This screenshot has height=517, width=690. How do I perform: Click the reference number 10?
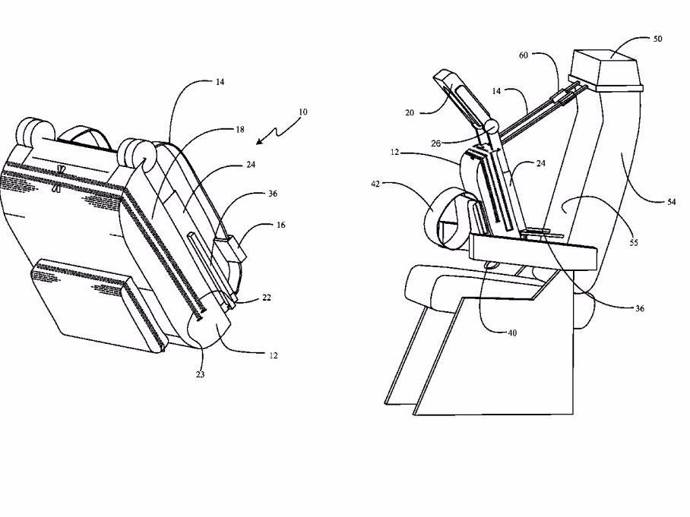(x=302, y=112)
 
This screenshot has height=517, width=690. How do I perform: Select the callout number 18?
(x=240, y=130)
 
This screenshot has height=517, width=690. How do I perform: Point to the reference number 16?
(x=280, y=225)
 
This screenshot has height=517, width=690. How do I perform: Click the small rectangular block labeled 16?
(x=229, y=249)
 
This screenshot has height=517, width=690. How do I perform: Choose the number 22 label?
(x=267, y=298)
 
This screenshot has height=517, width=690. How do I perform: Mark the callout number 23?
(x=200, y=374)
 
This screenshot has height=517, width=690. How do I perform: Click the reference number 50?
(x=657, y=39)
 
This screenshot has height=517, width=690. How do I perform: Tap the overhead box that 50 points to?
(x=606, y=71)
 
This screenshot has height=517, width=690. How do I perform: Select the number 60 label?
(x=524, y=55)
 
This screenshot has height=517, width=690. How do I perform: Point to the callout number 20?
(x=410, y=113)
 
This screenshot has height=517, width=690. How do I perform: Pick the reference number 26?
(x=435, y=143)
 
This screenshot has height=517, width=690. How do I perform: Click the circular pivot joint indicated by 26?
(x=491, y=127)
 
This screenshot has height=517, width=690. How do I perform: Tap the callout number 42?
(x=375, y=184)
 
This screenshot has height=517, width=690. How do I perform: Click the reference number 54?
(x=672, y=202)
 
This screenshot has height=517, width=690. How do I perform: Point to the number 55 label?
(x=633, y=243)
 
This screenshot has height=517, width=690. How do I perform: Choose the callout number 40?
(x=512, y=333)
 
